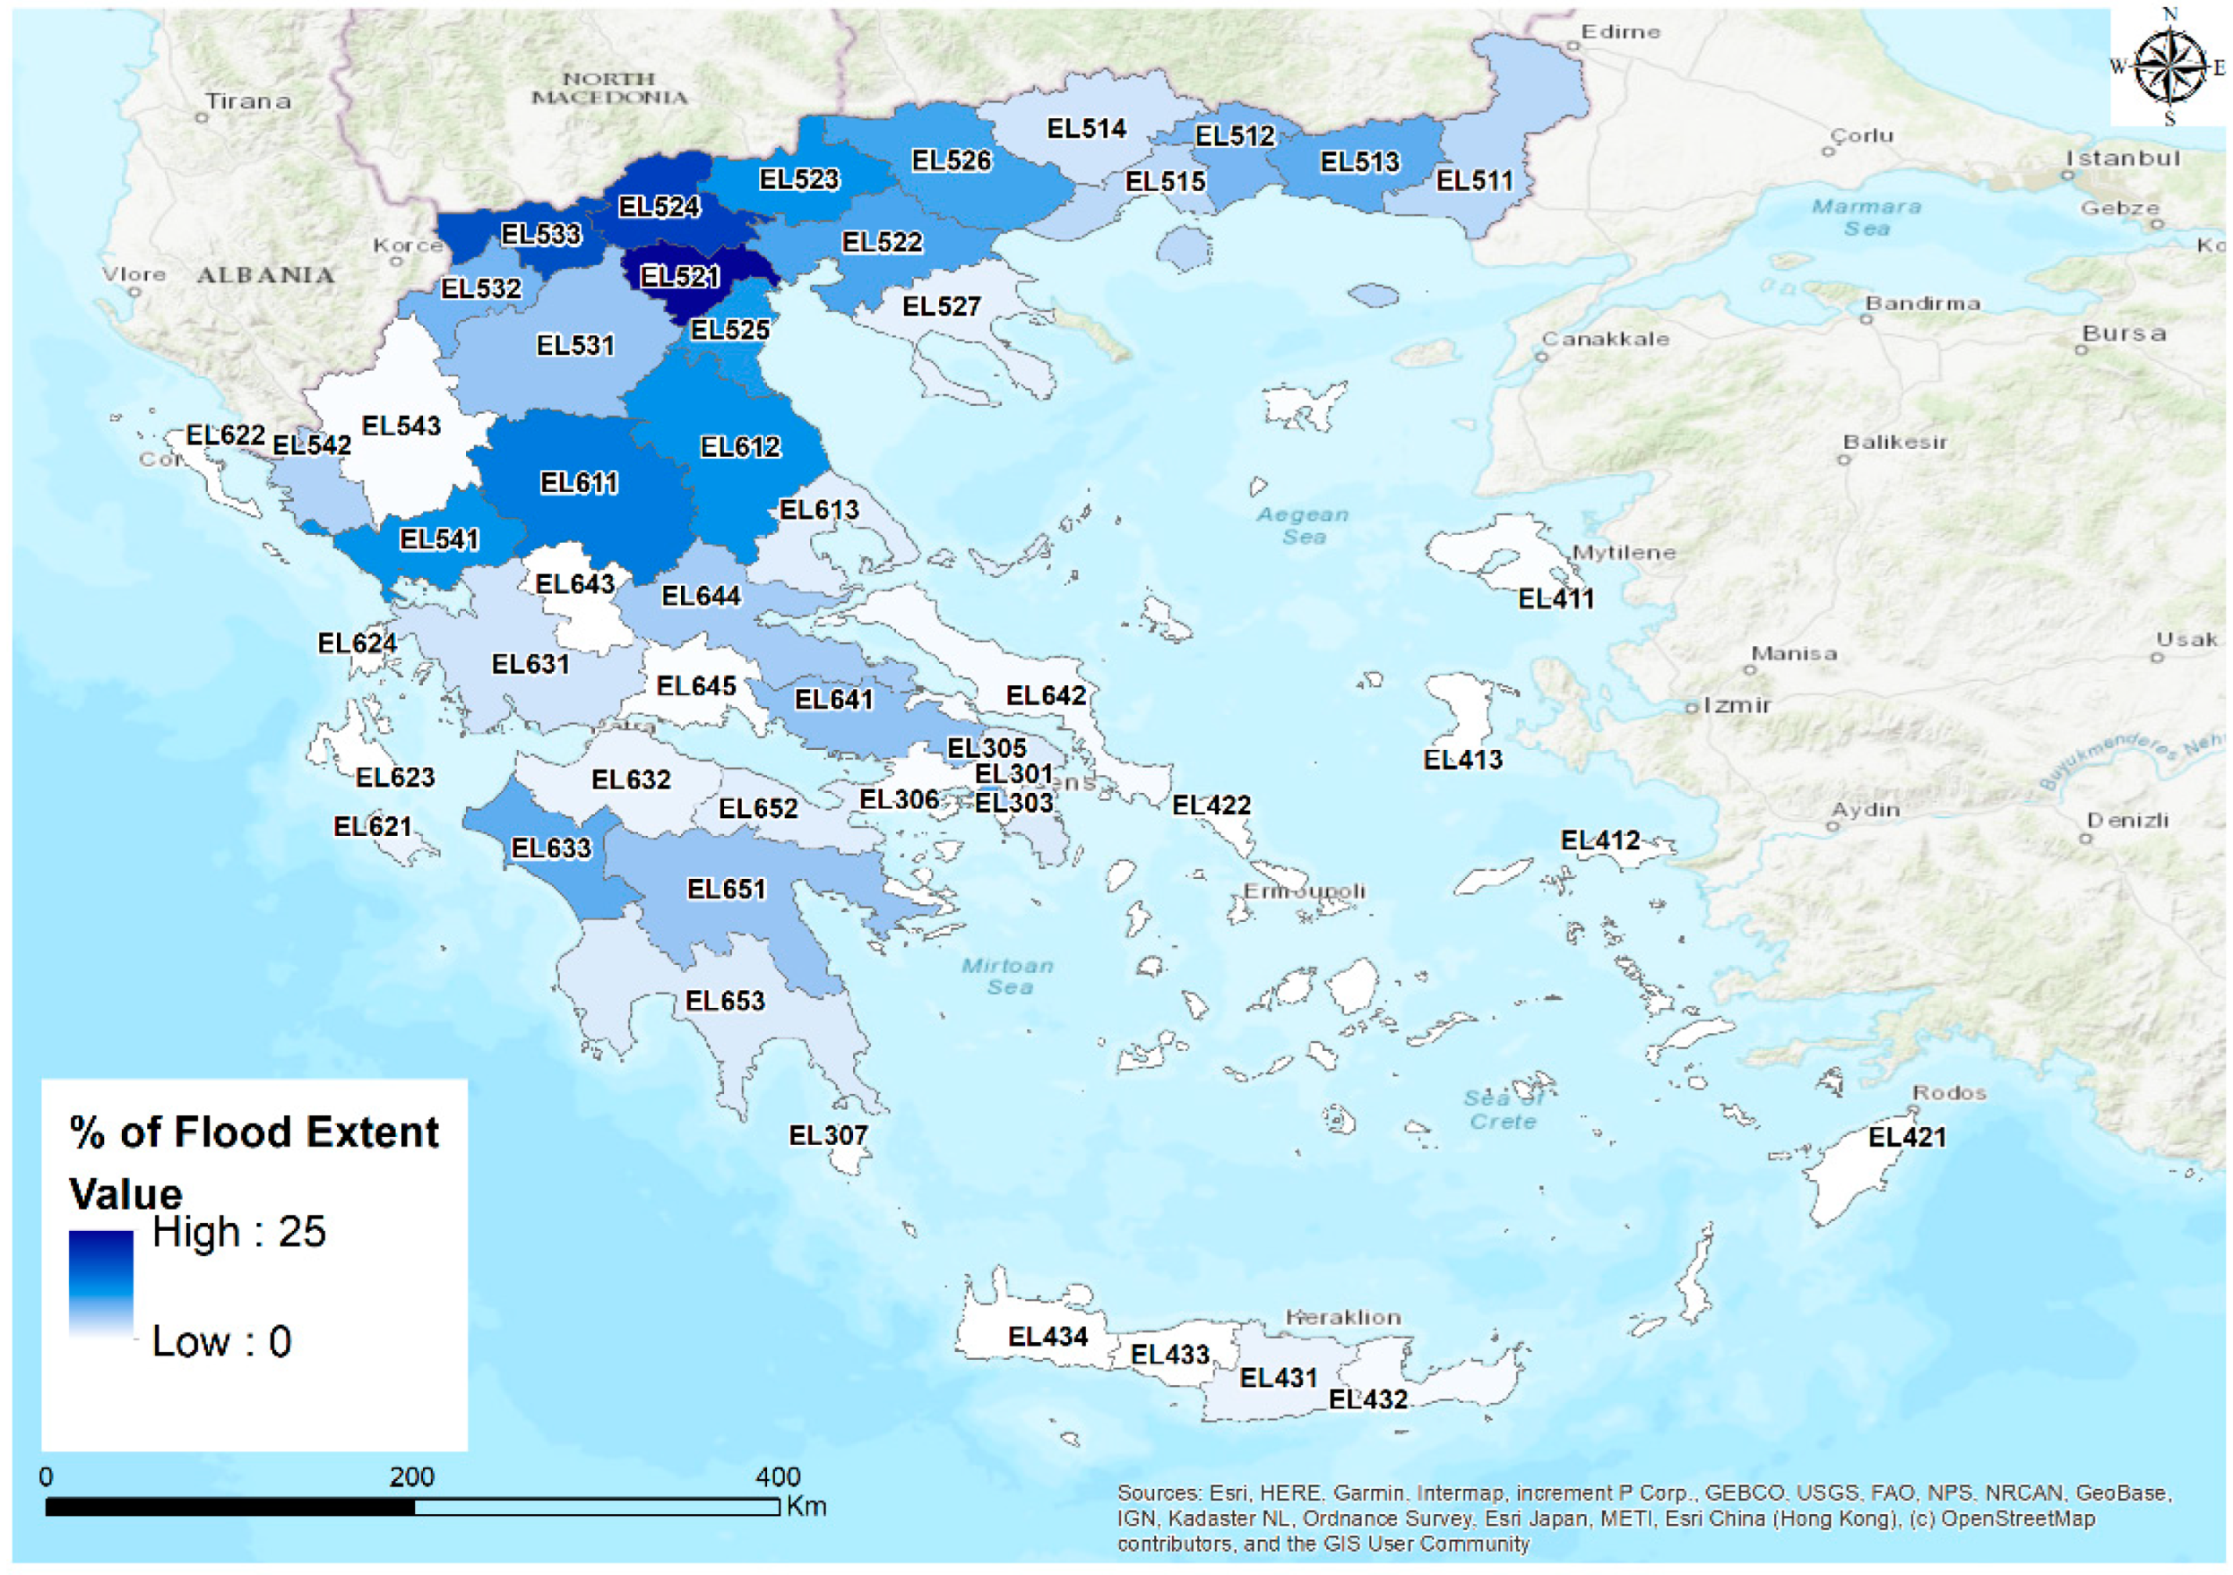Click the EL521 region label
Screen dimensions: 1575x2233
[679, 277]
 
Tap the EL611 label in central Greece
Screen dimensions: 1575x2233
[579, 483]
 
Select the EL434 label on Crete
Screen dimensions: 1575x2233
[1048, 1337]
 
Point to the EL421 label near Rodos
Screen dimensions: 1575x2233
[1906, 1137]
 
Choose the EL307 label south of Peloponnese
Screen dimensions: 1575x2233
[828, 1135]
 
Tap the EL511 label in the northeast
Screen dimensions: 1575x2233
[1474, 181]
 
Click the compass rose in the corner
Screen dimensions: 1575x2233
[2169, 66]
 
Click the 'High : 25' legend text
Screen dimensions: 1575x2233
[239, 1232]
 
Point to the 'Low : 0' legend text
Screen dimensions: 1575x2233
[221, 1342]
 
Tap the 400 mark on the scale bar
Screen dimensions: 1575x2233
[778, 1477]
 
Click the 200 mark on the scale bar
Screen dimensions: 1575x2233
[411, 1477]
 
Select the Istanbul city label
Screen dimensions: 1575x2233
[2123, 159]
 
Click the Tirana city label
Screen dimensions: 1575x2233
[248, 101]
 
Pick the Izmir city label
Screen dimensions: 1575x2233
[1736, 705]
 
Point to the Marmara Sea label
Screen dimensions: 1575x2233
[1866, 218]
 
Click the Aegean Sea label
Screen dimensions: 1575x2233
[1303, 525]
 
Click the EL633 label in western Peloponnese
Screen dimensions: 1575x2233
[551, 848]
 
